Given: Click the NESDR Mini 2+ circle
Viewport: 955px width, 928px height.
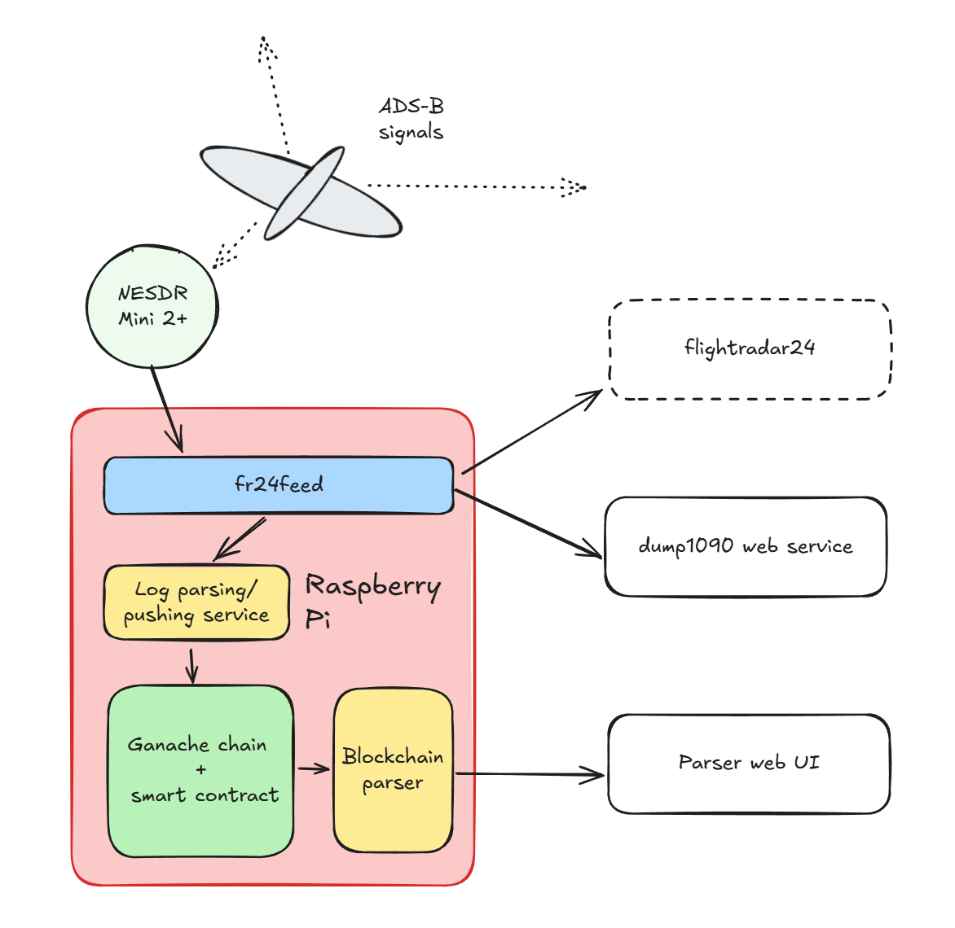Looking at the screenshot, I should pos(152,306).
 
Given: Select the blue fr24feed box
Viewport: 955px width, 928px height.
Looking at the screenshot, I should pos(278,485).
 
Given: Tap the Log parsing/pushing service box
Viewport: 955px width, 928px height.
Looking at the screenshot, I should pos(196,602).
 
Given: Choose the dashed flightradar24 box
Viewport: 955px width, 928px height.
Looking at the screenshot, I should pos(750,349).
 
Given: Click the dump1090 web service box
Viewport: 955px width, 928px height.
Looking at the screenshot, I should pos(745,546).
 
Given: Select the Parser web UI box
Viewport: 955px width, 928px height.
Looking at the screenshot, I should pos(748,763).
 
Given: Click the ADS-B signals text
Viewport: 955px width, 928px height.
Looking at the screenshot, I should pos(411,119).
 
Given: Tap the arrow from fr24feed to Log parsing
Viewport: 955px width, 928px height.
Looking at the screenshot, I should pos(240,538).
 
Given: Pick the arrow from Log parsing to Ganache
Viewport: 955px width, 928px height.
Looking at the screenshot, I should pos(191,665).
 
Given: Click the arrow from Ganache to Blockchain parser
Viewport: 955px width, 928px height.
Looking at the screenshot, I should pos(313,768).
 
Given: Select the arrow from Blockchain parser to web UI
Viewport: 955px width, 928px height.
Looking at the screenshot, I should pos(530,774).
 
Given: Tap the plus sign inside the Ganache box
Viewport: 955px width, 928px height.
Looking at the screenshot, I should pos(201,769).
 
